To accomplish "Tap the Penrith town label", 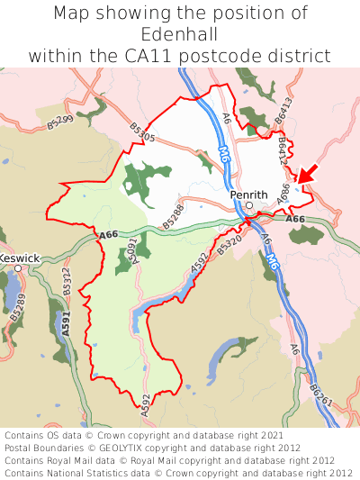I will pos(248,194).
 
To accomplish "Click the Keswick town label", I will pos(19,258).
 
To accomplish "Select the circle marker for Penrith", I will pos(250,205).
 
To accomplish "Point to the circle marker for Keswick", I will pos(18,268).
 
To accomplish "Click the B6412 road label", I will pos(281,149).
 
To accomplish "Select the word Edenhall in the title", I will pos(180,35).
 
